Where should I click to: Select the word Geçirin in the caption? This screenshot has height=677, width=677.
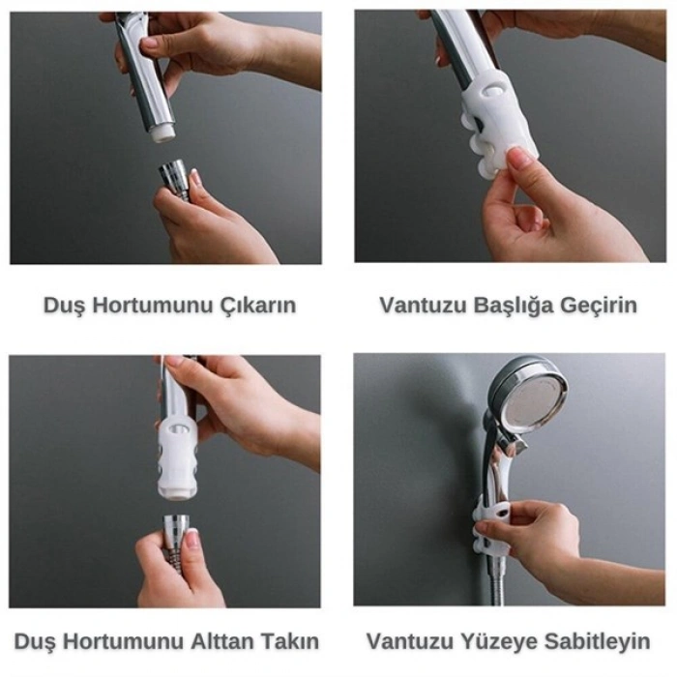(602, 306)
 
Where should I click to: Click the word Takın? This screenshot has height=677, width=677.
(290, 641)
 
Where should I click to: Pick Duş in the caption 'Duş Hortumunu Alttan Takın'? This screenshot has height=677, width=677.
(36, 641)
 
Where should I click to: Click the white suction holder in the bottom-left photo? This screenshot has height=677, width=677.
(178, 455)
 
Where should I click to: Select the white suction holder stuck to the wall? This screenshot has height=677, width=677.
(493, 522)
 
